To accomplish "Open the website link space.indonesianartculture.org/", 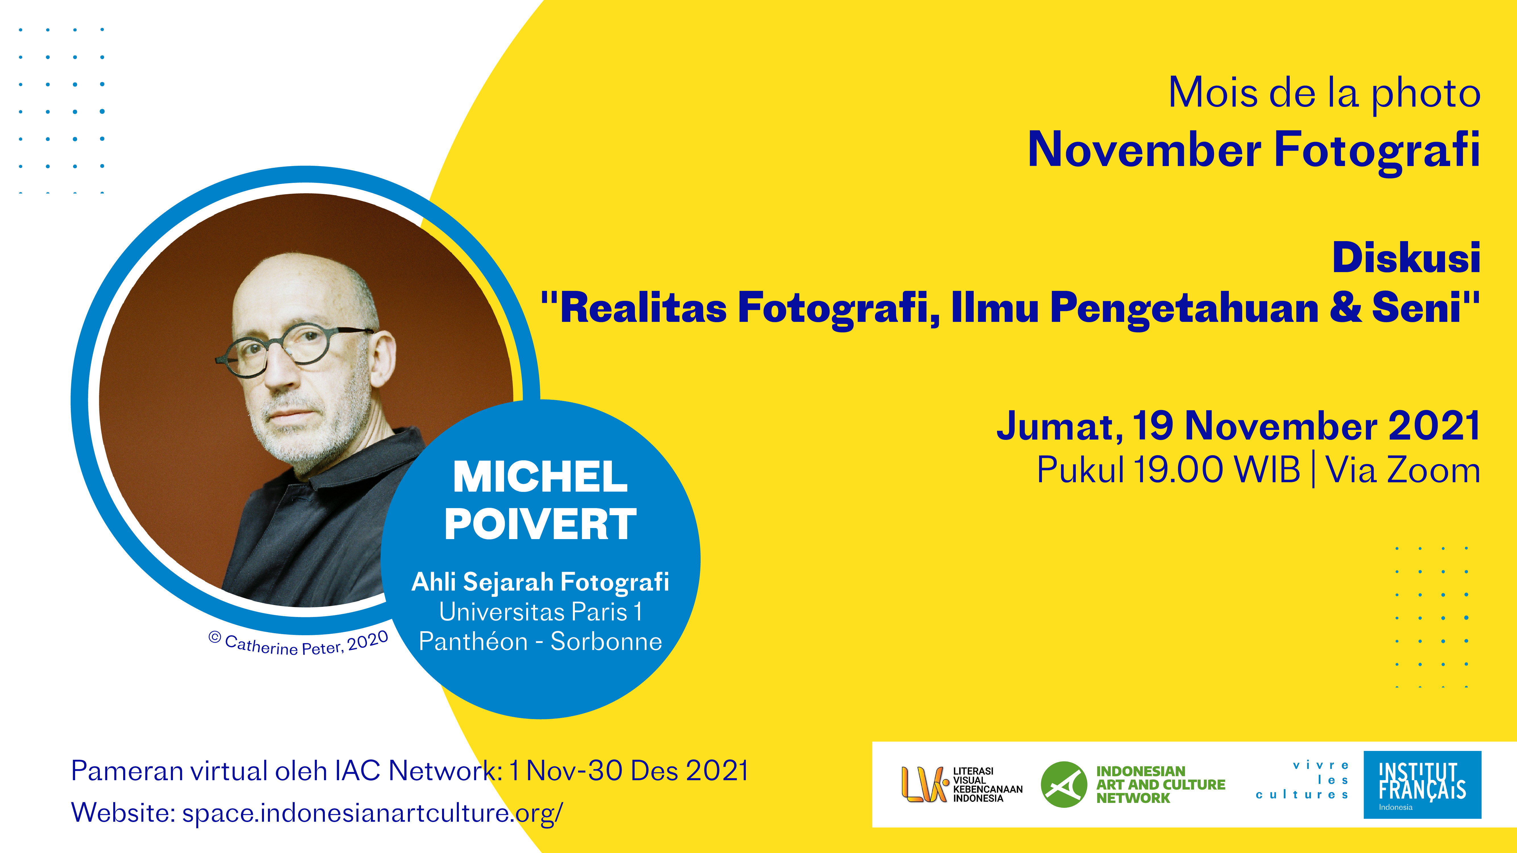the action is coord(372,812).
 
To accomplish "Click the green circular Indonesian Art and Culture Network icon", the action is coord(1064,784).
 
